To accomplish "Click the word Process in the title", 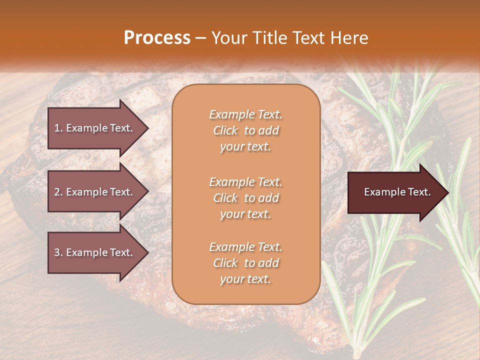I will [157, 38].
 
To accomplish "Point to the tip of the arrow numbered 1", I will [147, 128].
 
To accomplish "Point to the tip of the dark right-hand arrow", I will [447, 192].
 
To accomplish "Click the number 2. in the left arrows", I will [58, 192].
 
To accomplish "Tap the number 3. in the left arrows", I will [58, 252].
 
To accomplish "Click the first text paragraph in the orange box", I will [245, 130].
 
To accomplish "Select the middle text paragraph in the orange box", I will [245, 198].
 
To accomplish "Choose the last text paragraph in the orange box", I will [245, 263].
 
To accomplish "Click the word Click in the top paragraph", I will [225, 130].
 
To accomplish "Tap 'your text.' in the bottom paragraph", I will [245, 279].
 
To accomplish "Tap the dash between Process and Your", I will [201, 38].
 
